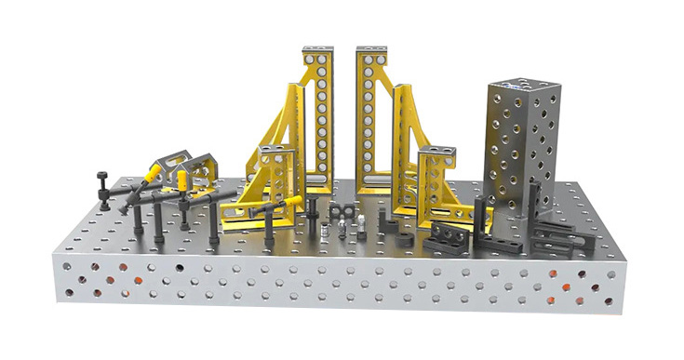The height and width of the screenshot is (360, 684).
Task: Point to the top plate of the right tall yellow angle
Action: click(x=370, y=50)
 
